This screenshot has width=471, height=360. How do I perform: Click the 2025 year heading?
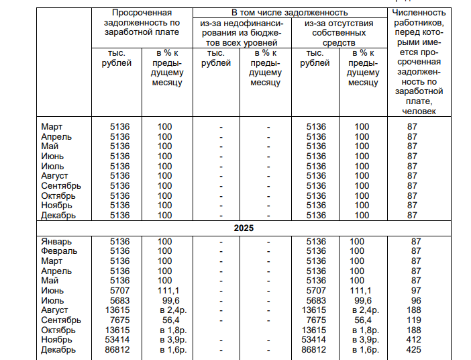[x=243, y=228]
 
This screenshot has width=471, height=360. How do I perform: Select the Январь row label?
[x=56, y=242]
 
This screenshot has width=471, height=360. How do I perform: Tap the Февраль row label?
[x=59, y=251]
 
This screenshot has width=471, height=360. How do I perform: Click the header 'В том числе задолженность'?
[x=290, y=13]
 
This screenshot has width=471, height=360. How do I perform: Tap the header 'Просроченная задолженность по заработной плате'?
[x=142, y=23]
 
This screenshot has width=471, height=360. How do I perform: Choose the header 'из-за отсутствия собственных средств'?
[x=339, y=33]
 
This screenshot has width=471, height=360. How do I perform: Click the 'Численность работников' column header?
[x=419, y=60]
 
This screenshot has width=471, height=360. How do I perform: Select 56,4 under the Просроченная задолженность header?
[x=165, y=320]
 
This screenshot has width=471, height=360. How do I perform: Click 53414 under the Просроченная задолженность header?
[x=119, y=340]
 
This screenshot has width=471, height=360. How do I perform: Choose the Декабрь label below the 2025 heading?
[x=58, y=350]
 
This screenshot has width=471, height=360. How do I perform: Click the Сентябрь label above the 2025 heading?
[x=61, y=186]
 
